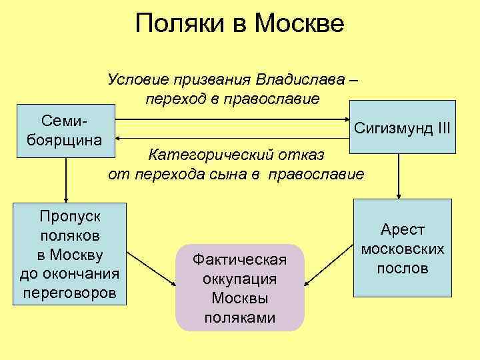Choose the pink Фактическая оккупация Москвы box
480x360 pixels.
pos(239,287)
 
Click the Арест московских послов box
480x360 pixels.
pos(402,249)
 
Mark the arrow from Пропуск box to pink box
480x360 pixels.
pos(151,267)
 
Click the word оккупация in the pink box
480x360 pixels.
pos(239,279)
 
